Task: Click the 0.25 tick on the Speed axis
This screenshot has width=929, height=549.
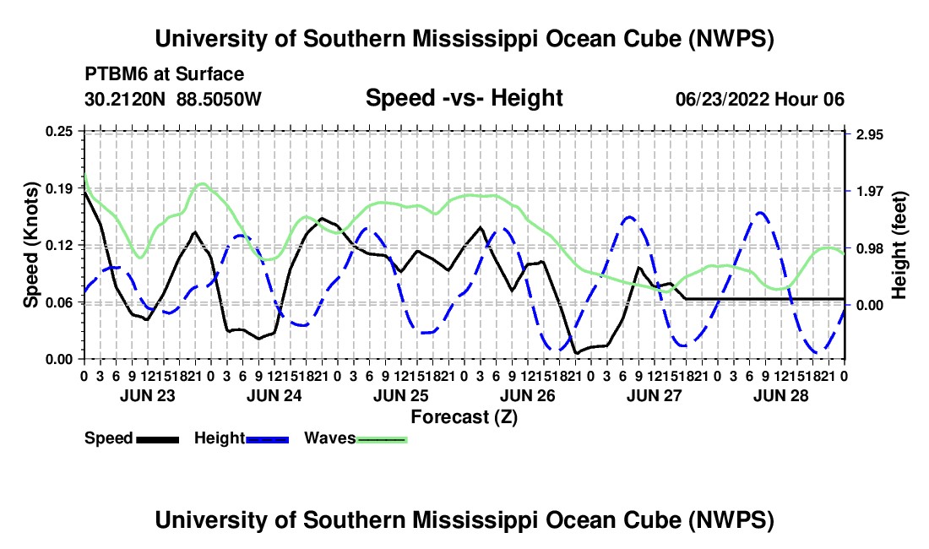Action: (x=59, y=131)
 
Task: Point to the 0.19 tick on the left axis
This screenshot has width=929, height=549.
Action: (x=59, y=188)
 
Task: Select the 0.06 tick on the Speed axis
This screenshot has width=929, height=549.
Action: (x=59, y=302)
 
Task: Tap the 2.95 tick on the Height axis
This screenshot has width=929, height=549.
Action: (x=870, y=135)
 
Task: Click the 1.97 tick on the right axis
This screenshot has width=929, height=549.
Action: (x=870, y=191)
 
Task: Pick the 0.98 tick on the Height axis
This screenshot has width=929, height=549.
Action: (x=870, y=248)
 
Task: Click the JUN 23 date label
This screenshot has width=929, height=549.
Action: (x=148, y=395)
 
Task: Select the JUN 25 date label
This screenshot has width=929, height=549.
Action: (x=401, y=395)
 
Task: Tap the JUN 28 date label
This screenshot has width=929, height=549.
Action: (x=781, y=395)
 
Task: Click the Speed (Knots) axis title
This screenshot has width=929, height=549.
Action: (x=30, y=245)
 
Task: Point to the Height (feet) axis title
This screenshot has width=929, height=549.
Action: (x=899, y=245)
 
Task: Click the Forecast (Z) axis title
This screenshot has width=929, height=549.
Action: (x=464, y=417)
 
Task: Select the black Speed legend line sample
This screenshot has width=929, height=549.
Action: (x=158, y=439)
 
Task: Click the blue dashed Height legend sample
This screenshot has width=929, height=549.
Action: (x=267, y=439)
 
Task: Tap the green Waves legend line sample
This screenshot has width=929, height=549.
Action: (x=382, y=439)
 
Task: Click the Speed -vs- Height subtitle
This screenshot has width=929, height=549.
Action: (x=464, y=98)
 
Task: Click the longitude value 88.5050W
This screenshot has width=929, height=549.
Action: (x=219, y=99)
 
